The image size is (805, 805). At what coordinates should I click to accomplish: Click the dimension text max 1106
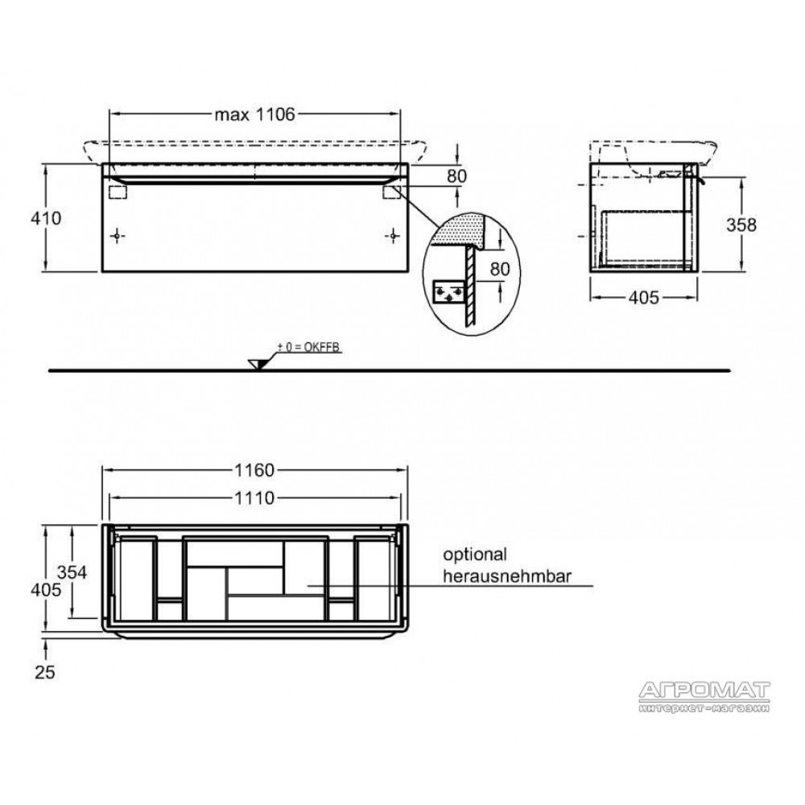click(254, 114)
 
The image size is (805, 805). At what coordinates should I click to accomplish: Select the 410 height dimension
click(46, 218)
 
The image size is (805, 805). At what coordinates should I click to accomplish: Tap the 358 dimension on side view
click(741, 225)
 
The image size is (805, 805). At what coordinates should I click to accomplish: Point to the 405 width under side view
click(643, 297)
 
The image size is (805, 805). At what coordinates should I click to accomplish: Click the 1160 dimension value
click(254, 470)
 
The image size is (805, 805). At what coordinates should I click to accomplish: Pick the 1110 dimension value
click(254, 497)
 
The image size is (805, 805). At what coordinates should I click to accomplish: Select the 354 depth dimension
click(72, 572)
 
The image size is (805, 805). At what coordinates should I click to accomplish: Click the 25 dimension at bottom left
click(45, 672)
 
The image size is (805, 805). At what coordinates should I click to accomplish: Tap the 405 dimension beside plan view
click(46, 590)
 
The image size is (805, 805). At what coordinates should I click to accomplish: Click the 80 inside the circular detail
click(500, 269)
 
